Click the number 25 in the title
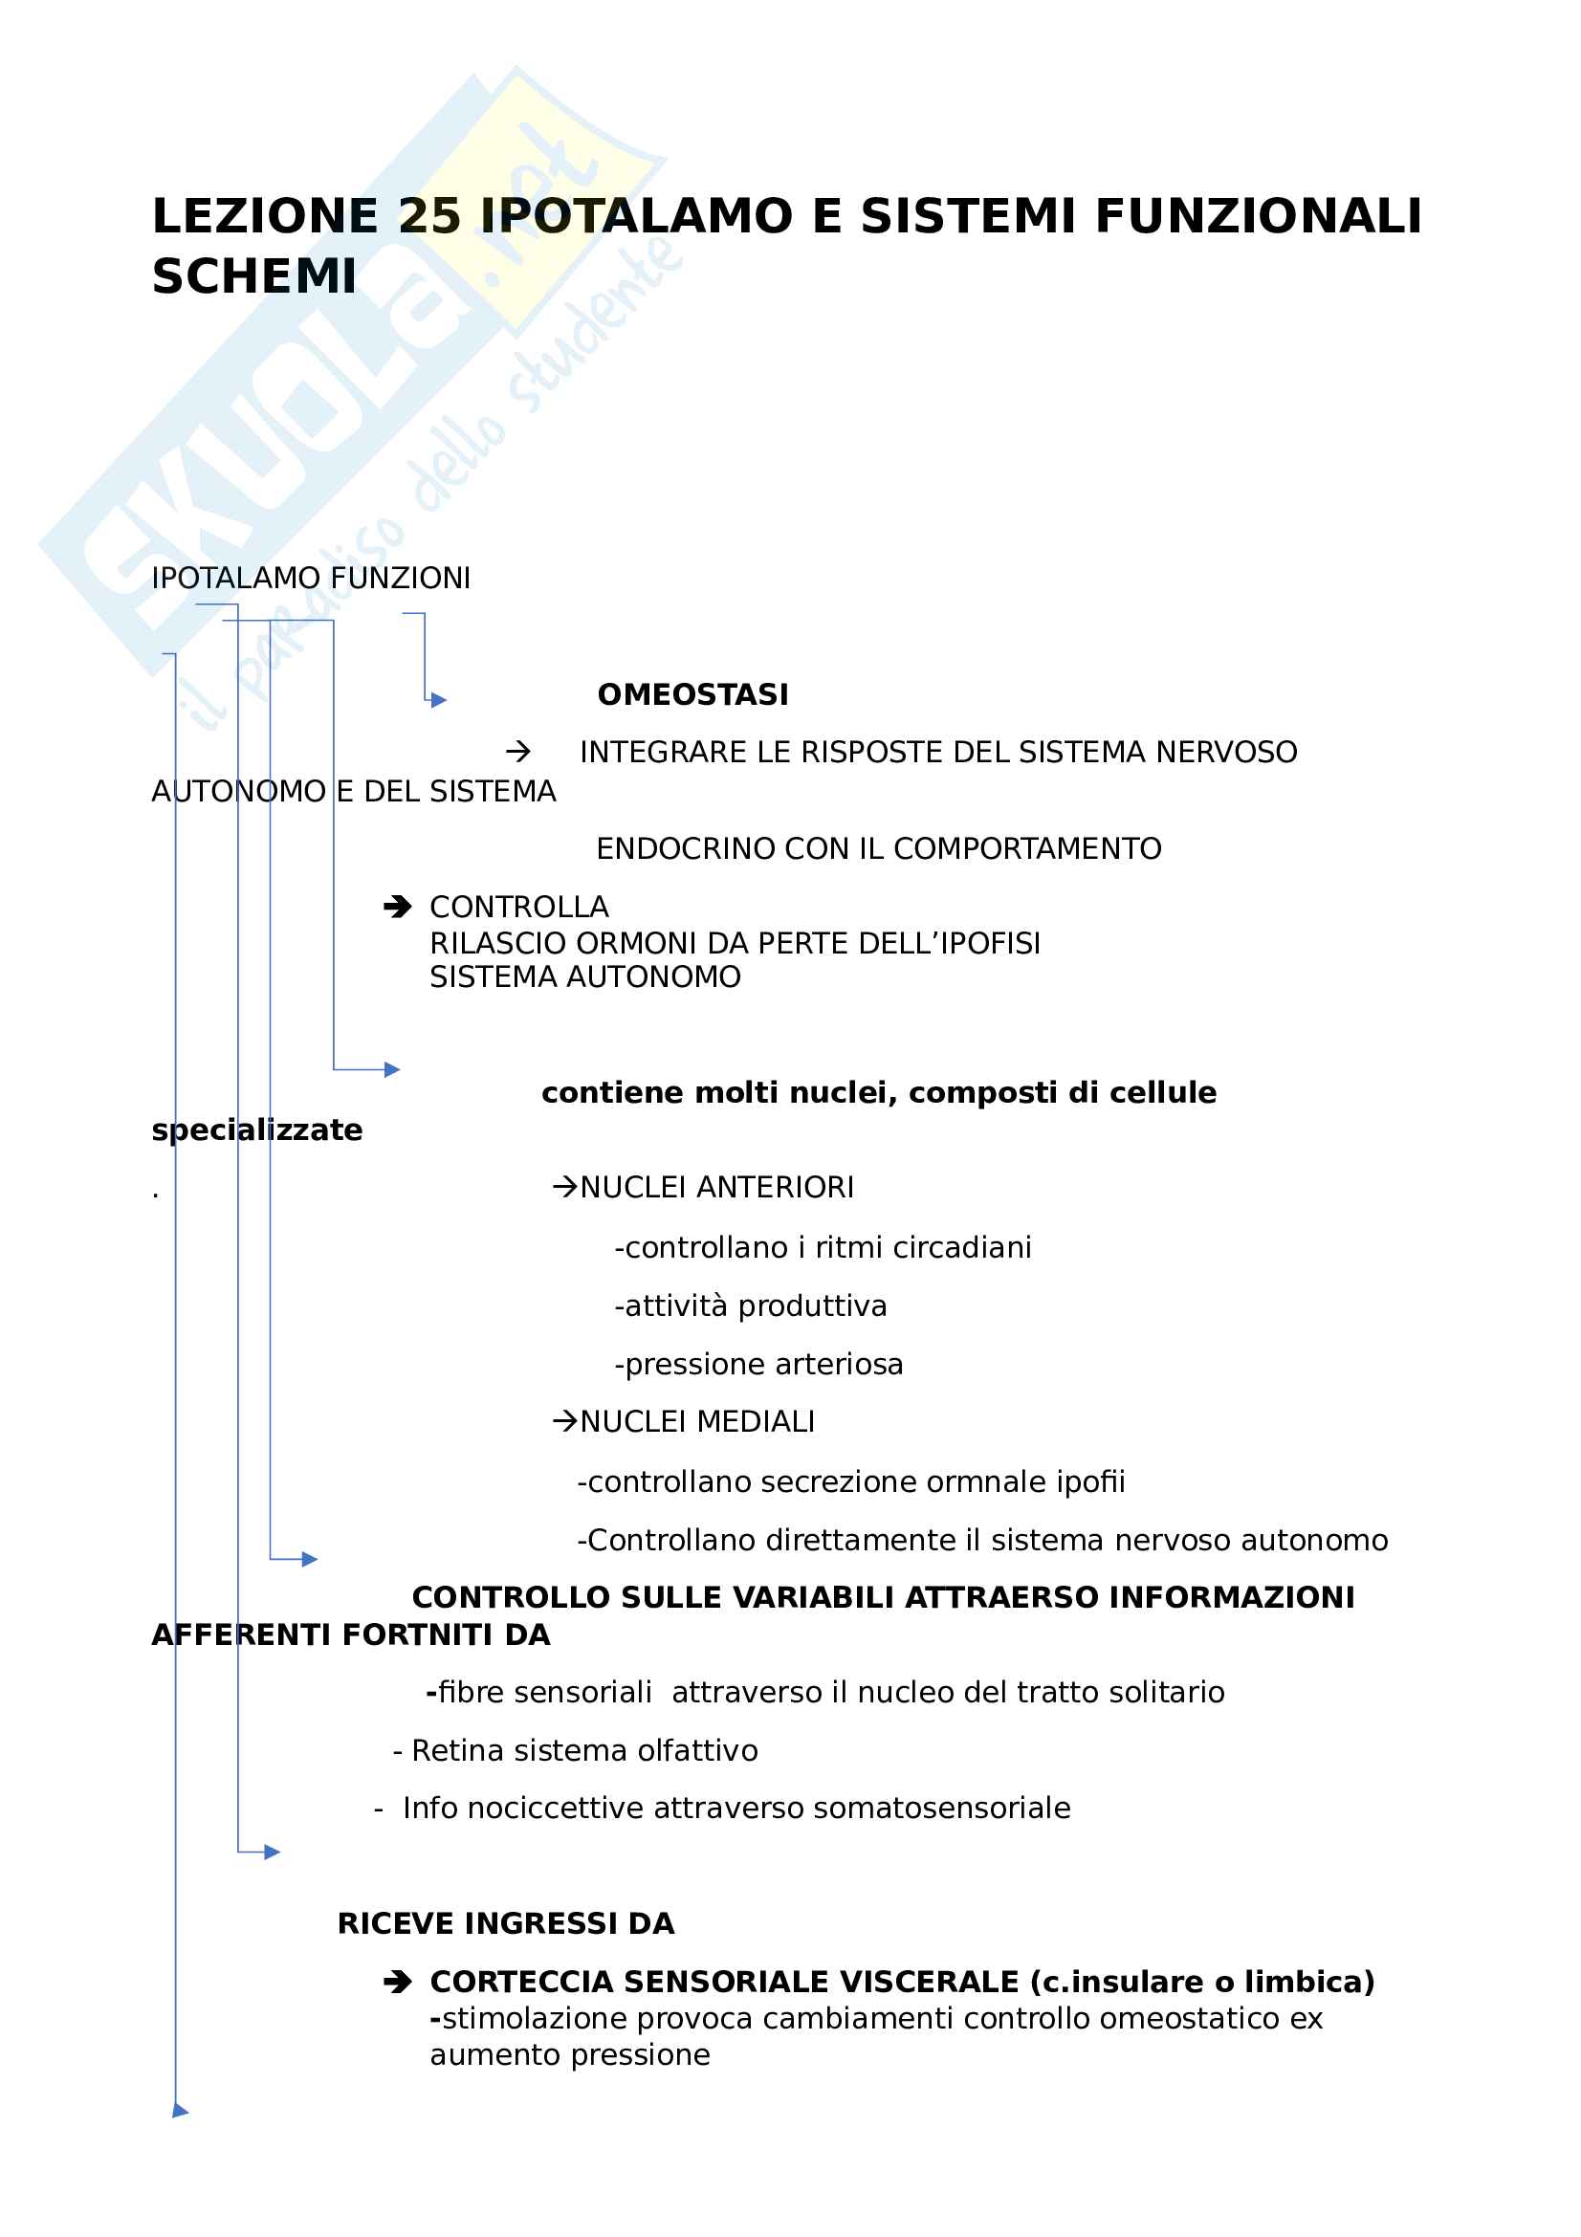click(428, 216)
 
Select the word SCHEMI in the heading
click(254, 276)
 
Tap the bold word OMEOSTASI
click(692, 694)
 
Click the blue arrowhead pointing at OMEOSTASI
click(439, 699)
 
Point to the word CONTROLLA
click(519, 907)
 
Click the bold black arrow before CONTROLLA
click(398, 907)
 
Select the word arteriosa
click(844, 1364)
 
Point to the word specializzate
click(257, 1130)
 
